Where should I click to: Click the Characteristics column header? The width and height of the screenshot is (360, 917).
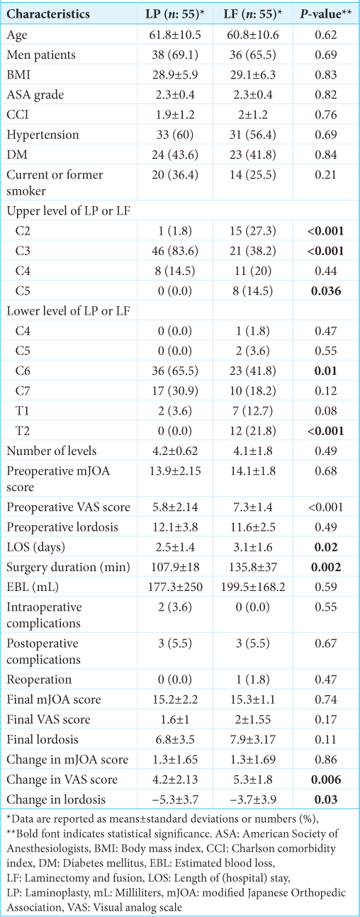pos(48,14)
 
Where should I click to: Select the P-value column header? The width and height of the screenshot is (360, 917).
pos(325,14)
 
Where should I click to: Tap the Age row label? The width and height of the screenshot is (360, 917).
pos(17,35)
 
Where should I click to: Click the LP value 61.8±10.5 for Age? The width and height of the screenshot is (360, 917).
pos(175,35)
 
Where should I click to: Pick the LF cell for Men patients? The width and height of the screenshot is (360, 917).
pos(253,55)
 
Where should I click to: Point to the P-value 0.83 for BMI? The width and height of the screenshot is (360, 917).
pos(325,75)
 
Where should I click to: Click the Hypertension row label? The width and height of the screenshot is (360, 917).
pos(43,135)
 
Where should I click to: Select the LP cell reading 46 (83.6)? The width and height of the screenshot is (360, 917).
pos(175,251)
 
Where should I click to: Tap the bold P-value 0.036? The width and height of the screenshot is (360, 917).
pos(325,291)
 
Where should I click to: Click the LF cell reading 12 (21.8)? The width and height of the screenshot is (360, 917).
pos(253,431)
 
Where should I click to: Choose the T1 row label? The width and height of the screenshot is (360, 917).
pos(22,410)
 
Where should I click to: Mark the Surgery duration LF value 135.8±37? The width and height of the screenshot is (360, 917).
pos(253,567)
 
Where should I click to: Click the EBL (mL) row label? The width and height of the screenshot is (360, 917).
pos(33,587)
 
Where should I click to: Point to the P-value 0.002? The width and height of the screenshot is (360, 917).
pos(325,567)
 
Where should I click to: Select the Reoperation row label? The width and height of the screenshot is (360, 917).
pos(39,680)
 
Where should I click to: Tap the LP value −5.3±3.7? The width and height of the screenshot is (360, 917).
pos(175,799)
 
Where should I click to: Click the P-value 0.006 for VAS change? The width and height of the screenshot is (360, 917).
pos(325,780)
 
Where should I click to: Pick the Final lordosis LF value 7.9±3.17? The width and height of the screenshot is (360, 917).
pos(253,739)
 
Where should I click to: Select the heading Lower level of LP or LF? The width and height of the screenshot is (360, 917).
pos(68,310)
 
